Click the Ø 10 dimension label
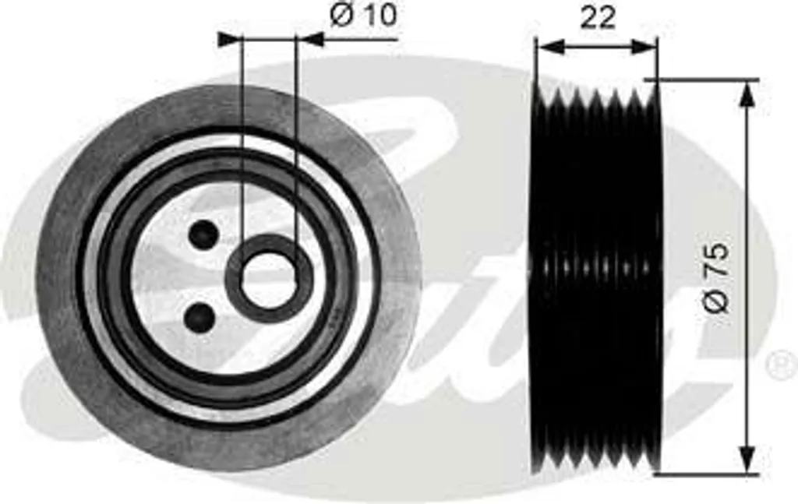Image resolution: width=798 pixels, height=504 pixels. coord(363,16)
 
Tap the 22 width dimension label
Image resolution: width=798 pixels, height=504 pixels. coord(598,18)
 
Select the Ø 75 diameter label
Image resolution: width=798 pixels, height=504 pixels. coord(717,277)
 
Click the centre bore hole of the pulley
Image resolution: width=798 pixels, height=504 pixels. coord(268,279)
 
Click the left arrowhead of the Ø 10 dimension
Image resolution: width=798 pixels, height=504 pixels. coord(230,39)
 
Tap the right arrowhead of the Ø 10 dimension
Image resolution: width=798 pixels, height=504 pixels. coord(309,40)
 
